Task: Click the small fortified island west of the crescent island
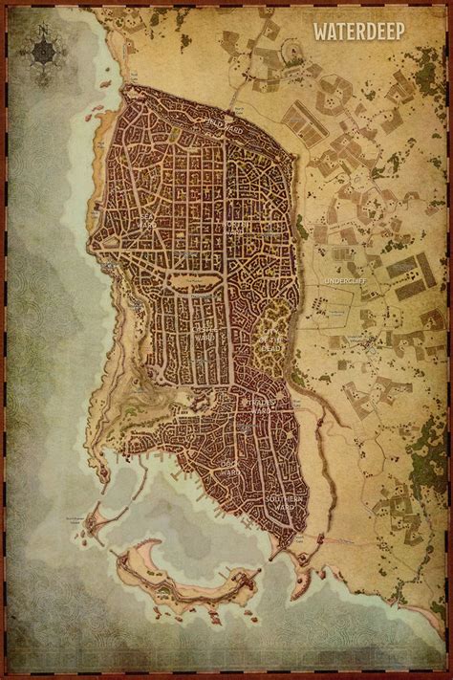click(96, 522)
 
